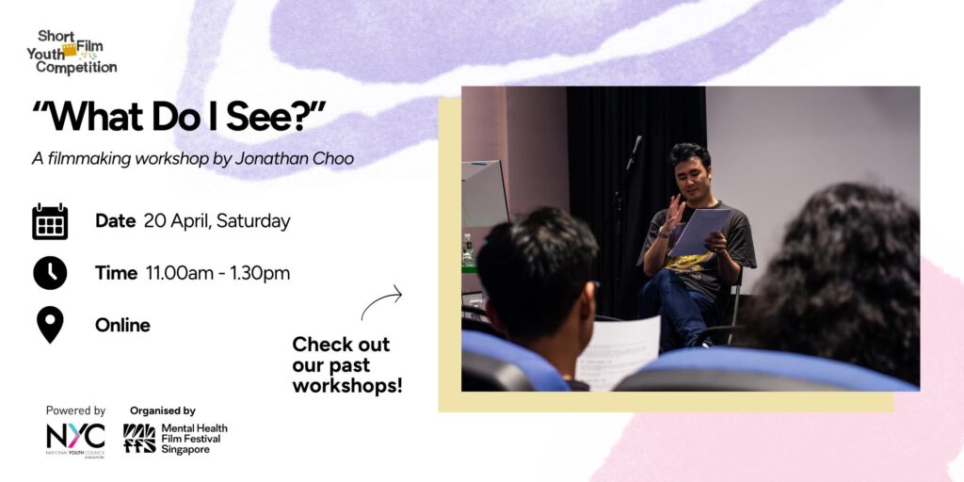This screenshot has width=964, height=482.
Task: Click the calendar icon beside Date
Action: tap(50, 221)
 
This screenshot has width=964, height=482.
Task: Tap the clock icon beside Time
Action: tap(50, 273)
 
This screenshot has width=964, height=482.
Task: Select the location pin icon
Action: tap(50, 325)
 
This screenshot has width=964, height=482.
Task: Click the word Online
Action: tap(122, 325)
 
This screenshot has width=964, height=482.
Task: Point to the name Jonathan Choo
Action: tap(295, 158)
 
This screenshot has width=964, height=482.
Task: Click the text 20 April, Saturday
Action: tap(217, 221)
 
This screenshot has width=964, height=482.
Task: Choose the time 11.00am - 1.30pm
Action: tap(217, 273)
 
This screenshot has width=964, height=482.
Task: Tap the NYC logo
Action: tap(75, 439)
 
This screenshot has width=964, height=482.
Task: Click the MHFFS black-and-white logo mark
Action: tap(139, 439)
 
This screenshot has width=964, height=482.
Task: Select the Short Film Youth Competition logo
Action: tap(72, 53)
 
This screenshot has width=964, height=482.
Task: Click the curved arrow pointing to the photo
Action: tap(381, 302)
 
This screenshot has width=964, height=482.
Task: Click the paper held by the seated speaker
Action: tap(699, 232)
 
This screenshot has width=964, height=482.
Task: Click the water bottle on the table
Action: tap(469, 249)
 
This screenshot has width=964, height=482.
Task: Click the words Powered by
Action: tap(75, 410)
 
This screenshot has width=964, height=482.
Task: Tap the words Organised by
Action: tap(162, 410)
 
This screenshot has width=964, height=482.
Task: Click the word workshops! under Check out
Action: tap(347, 385)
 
